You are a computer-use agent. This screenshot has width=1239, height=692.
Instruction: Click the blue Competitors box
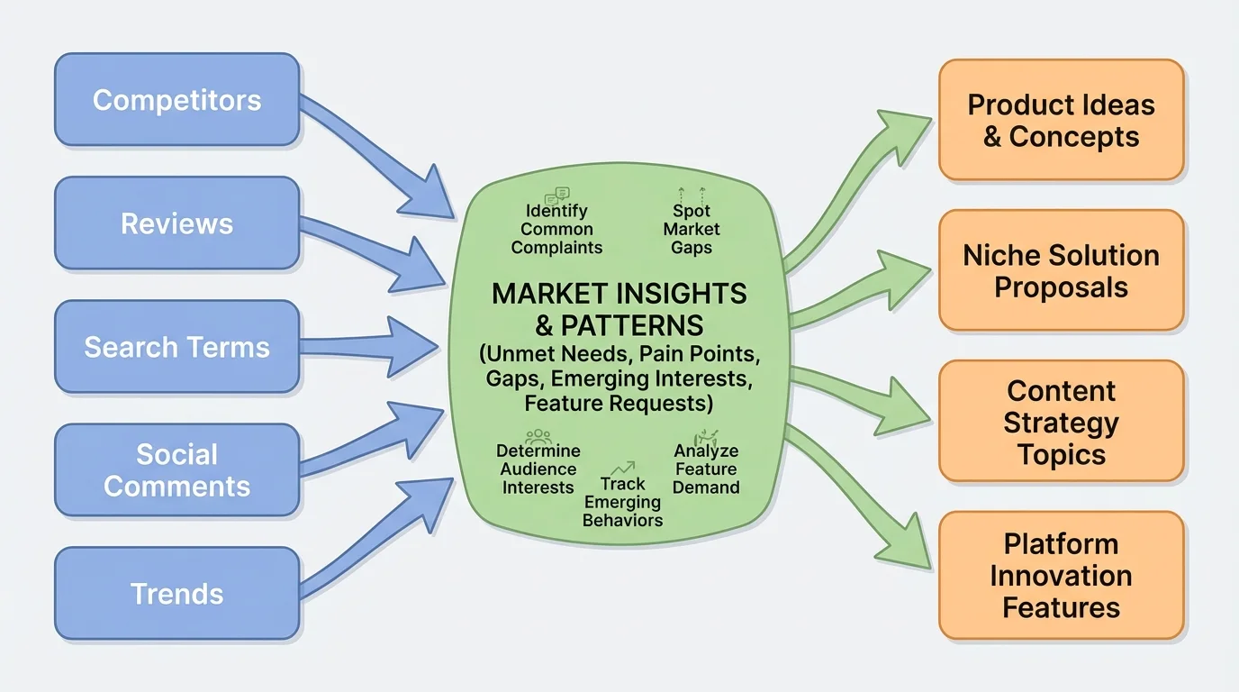[x=176, y=99]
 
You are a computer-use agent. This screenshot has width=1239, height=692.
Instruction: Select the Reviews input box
[x=176, y=223]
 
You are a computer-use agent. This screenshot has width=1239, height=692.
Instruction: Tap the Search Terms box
[x=176, y=347]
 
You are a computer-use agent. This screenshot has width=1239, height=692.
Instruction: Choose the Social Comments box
[x=176, y=470]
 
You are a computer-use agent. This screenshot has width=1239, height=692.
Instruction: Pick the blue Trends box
[x=176, y=594]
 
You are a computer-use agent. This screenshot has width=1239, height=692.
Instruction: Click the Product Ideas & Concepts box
[x=1061, y=121]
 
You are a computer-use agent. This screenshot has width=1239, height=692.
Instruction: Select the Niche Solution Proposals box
[x=1061, y=270]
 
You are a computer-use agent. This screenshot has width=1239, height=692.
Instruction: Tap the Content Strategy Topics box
[x=1061, y=422]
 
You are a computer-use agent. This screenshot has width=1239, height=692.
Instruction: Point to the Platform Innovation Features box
[x=1061, y=575]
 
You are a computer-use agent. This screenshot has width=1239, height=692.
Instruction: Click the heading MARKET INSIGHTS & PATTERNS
[x=619, y=308]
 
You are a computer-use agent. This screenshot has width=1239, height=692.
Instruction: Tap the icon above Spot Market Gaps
[x=692, y=193]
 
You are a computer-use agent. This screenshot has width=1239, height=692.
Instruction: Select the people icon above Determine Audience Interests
[x=538, y=435]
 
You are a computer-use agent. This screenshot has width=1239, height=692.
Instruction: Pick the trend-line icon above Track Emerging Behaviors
[x=622, y=469]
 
